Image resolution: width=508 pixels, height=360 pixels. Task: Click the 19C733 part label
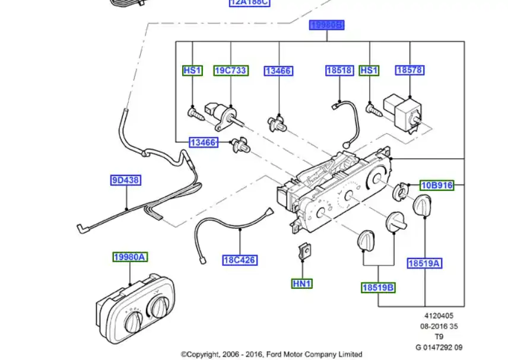230,71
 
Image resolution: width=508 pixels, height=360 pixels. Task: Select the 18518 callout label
339,71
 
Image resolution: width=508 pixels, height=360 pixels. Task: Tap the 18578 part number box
410,71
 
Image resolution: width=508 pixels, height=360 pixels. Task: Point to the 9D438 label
126,180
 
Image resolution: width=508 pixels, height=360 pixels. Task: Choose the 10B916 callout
437,186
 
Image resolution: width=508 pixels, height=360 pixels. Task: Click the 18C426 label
240,260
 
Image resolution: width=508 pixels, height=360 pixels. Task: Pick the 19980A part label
131,257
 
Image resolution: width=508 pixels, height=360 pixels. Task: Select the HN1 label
302,284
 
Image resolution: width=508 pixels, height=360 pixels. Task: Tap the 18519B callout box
379,288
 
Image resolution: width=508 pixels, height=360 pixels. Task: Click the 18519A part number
424,263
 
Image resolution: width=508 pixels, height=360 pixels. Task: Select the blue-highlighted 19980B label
327,25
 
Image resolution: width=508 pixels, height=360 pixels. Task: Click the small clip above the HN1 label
304,251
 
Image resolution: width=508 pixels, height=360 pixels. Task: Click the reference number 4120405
439,317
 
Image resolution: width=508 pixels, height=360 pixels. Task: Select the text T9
439,337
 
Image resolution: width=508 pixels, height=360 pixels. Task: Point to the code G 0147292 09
439,347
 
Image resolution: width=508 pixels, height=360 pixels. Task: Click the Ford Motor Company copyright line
271,354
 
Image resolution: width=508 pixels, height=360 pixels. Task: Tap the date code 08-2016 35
439,327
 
